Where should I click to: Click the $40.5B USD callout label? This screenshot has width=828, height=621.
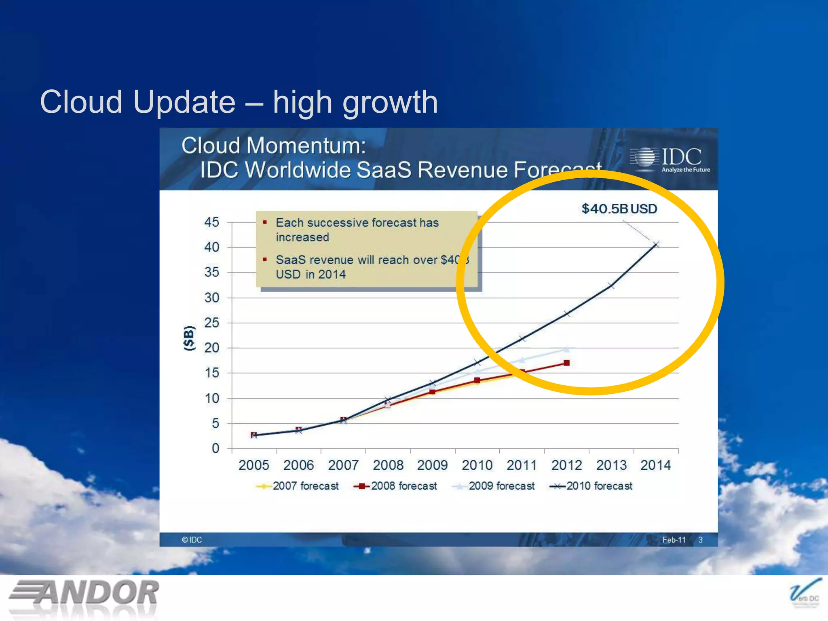(619, 209)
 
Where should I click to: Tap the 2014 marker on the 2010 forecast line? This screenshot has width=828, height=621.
(656, 244)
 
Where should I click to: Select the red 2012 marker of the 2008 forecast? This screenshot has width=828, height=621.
(566, 363)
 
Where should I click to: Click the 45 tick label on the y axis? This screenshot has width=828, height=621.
(211, 222)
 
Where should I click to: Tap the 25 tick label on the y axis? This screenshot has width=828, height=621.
(211, 323)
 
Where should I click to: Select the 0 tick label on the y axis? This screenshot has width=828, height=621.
(215, 448)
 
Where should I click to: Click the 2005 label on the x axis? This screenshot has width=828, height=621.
(253, 465)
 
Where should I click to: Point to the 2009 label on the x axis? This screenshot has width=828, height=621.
(432, 465)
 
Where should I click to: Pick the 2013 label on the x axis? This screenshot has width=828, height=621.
(611, 465)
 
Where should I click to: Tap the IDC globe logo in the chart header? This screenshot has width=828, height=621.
(644, 157)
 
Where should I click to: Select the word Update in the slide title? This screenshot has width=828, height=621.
(184, 102)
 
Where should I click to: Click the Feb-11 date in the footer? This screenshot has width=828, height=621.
(674, 540)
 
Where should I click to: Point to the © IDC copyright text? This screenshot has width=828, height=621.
(192, 540)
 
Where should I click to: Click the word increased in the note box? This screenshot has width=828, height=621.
(302, 237)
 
